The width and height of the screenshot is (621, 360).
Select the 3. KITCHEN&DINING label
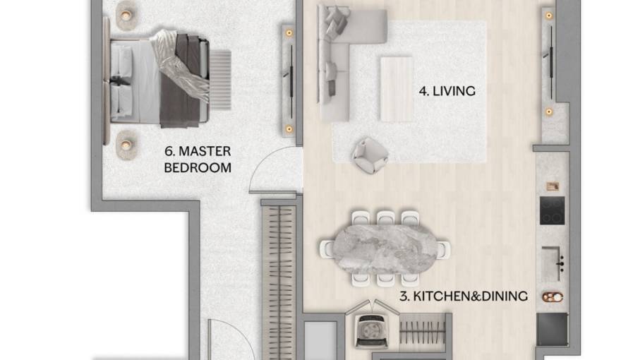click(x=463, y=296)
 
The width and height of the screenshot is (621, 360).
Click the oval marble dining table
click(x=385, y=248)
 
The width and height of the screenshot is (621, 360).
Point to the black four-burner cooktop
click(x=552, y=210)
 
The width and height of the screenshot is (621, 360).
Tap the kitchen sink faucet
click(x=561, y=263)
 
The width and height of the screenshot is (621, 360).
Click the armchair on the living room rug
click(x=370, y=154)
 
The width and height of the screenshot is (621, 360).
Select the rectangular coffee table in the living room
click(x=397, y=88)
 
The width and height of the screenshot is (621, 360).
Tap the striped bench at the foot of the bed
click(x=220, y=78)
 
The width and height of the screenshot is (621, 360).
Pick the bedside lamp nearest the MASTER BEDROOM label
click(x=126, y=145)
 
